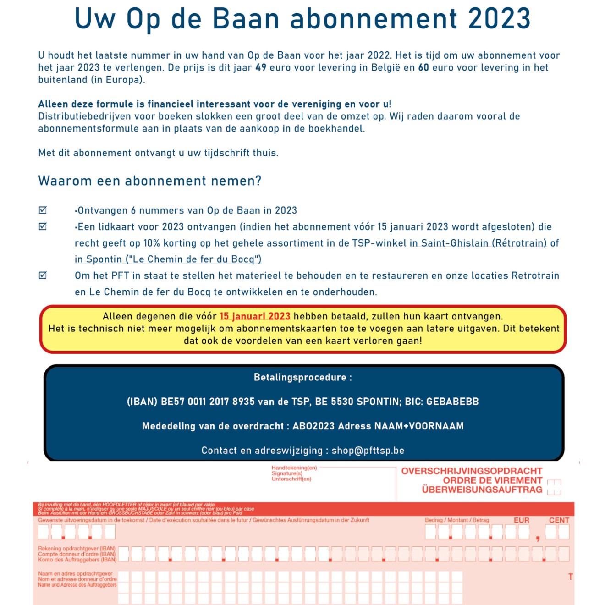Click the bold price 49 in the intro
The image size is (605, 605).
click(x=261, y=68)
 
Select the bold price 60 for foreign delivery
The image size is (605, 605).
click(x=423, y=68)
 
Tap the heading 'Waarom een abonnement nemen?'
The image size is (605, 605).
click(x=150, y=181)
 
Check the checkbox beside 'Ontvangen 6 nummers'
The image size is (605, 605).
click(x=43, y=210)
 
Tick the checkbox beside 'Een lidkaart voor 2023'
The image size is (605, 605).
click(x=43, y=226)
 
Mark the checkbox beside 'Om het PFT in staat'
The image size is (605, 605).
click(x=43, y=275)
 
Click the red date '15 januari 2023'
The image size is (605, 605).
click(x=255, y=316)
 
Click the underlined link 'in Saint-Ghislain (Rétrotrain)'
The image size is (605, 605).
click(x=478, y=243)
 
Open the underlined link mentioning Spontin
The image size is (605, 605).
click(x=168, y=259)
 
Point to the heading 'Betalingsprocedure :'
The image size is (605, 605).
click(x=303, y=378)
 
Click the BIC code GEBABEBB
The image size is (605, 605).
click(x=452, y=402)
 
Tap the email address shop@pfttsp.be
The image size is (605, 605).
click(x=368, y=451)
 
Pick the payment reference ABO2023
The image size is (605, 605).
click(x=313, y=426)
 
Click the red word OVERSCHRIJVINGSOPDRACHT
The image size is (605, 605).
click(x=472, y=471)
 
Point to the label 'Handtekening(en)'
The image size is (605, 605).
click(x=294, y=468)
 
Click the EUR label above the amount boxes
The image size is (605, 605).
click(x=521, y=520)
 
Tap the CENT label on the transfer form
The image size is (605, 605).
click(x=559, y=520)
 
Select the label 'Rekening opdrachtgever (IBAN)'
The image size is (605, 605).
click(x=77, y=549)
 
